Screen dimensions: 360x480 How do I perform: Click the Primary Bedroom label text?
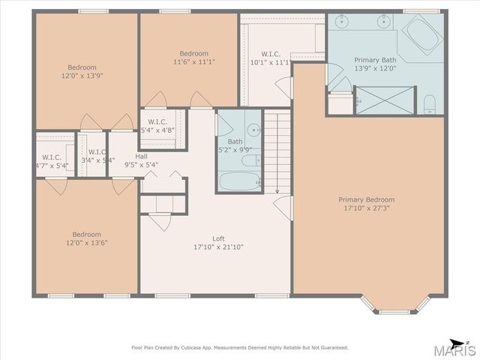(x=366, y=199)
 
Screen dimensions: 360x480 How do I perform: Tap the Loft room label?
(x=218, y=238)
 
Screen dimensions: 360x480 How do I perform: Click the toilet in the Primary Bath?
(x=430, y=103)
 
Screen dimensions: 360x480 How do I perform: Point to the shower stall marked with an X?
(x=384, y=99)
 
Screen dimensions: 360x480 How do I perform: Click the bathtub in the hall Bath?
(x=238, y=181)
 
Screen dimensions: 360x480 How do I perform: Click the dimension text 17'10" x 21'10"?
(x=218, y=247)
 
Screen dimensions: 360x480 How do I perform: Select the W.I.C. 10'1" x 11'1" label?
(x=271, y=58)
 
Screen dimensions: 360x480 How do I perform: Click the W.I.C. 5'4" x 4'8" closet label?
(x=157, y=126)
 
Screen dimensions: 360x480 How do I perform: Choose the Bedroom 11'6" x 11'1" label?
(x=193, y=58)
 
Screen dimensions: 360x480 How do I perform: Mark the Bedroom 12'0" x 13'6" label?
(x=86, y=238)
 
